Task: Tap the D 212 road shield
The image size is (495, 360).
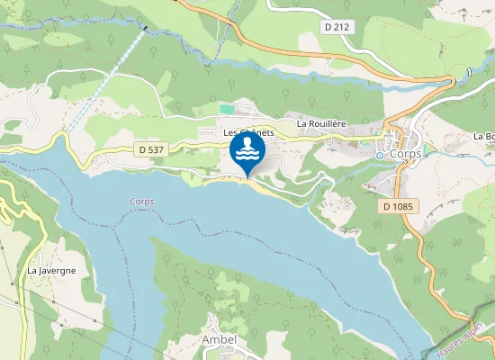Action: click(337, 27)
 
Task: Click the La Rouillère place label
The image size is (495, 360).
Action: click(322, 123)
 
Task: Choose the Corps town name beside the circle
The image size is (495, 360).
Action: click(407, 154)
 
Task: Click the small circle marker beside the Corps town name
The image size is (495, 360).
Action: click(380, 155)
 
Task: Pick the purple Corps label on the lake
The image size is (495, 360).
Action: click(141, 202)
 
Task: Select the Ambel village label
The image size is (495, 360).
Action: click(220, 340)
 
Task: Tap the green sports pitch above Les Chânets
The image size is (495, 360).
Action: click(226, 109)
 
